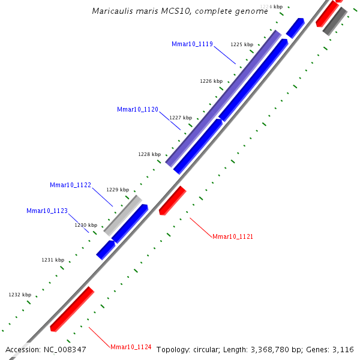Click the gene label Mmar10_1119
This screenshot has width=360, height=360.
(x=192, y=44)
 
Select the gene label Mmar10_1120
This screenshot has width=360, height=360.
(x=137, y=110)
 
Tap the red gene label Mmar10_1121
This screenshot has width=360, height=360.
(x=233, y=237)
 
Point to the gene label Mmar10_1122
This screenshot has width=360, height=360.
(x=70, y=185)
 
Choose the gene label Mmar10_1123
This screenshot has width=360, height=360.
(x=47, y=211)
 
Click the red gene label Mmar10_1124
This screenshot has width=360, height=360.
(x=131, y=347)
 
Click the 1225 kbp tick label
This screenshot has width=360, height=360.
(x=242, y=44)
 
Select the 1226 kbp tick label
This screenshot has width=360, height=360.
(x=211, y=81)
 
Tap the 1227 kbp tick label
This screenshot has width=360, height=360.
(x=181, y=118)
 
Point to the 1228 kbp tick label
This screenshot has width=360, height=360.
(x=149, y=154)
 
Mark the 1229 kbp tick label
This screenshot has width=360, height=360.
(x=118, y=190)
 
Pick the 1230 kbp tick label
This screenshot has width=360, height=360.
(x=86, y=225)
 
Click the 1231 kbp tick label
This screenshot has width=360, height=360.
(x=53, y=260)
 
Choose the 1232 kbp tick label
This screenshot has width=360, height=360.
(x=20, y=295)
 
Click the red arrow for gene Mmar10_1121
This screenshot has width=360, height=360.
(x=173, y=200)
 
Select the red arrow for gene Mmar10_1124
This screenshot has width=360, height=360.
(x=73, y=309)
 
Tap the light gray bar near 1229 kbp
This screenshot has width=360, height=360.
(x=123, y=215)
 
